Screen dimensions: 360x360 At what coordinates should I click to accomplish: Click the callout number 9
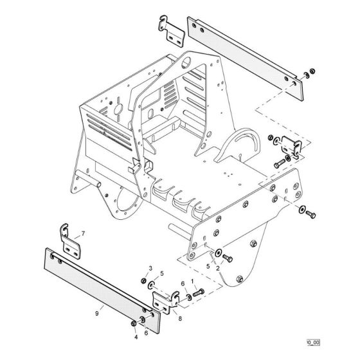tap(96, 313)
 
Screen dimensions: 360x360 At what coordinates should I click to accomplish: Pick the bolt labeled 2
tap(229, 259)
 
